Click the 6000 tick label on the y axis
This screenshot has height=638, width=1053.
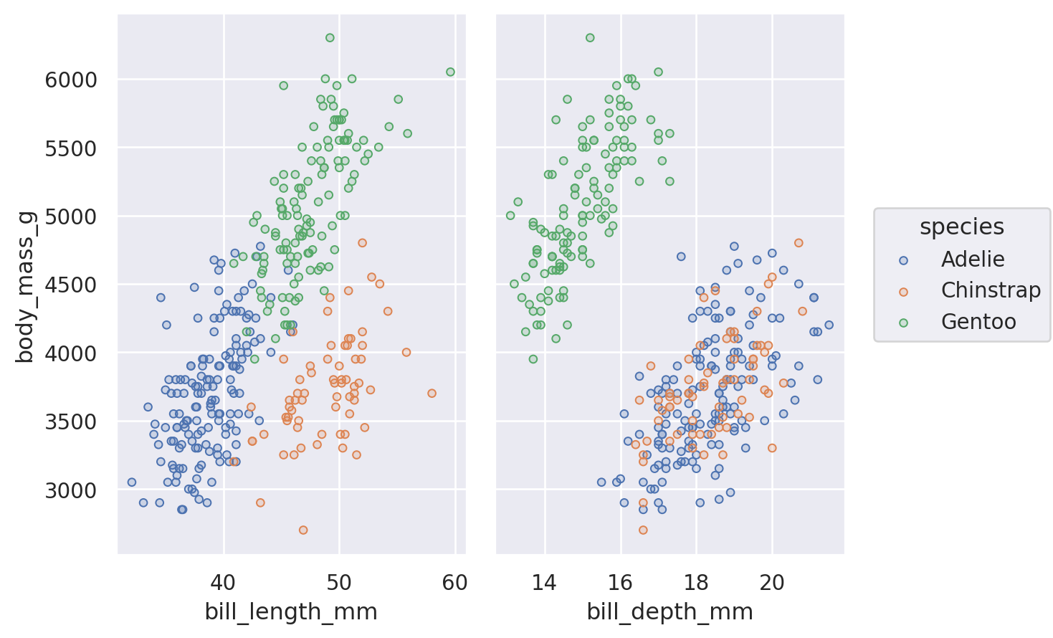(x=70, y=80)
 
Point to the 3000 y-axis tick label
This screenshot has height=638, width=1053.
(x=70, y=490)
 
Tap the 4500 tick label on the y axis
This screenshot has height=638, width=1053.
(x=70, y=285)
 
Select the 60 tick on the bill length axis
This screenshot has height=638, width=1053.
(x=455, y=582)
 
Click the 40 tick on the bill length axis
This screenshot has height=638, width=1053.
(x=224, y=582)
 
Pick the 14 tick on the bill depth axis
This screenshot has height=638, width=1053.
(x=545, y=582)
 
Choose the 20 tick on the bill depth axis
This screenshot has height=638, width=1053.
(x=772, y=582)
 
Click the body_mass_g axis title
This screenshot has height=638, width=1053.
(x=25, y=285)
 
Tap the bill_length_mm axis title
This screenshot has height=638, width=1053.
(x=291, y=611)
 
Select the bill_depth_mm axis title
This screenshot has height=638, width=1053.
(x=670, y=611)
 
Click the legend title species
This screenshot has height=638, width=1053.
(x=961, y=227)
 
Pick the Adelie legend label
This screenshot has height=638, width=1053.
(x=973, y=260)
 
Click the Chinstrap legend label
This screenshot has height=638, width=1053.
(x=991, y=290)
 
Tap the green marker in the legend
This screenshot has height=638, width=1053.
(x=903, y=323)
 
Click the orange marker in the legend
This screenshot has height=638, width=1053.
(x=903, y=292)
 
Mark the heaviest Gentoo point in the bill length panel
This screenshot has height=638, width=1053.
(x=330, y=37)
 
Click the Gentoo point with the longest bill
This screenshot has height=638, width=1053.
(x=450, y=72)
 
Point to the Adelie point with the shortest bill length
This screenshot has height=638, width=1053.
(x=131, y=482)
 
